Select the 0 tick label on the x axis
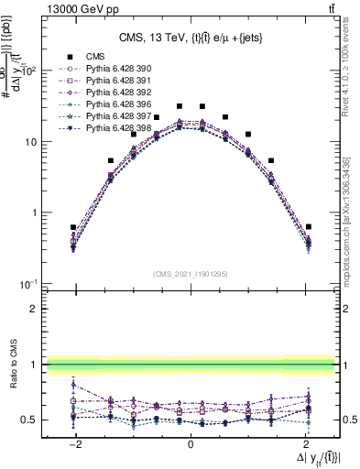(x=191, y=444)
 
